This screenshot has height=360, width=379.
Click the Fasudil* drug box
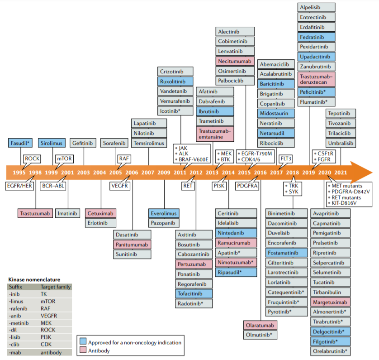tap(20, 143)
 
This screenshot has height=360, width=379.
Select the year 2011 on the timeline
tap(180, 173)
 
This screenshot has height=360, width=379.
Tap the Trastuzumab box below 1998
tap(36, 213)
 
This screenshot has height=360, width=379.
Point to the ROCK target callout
tap(32, 158)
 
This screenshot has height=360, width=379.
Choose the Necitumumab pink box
tap(235, 61)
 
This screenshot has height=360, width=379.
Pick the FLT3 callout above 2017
tap(286, 158)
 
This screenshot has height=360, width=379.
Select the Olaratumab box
tap(260, 325)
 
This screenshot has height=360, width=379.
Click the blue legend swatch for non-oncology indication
tap(83, 342)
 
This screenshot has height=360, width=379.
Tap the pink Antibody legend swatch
tap(83, 350)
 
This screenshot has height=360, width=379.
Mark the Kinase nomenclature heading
tap(34, 279)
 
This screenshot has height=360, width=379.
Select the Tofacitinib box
tap(194, 294)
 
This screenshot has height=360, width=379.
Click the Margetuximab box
tap(330, 302)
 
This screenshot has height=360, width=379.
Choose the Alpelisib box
tap(317, 8)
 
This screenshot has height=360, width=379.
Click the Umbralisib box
tap(341, 143)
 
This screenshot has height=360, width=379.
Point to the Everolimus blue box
tap(164, 213)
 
